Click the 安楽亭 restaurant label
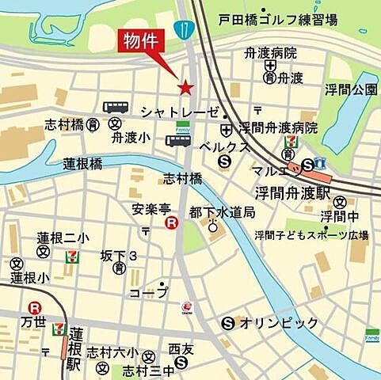pos(150,210)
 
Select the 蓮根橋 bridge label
pos(83,164)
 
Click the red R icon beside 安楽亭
pos(170,224)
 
